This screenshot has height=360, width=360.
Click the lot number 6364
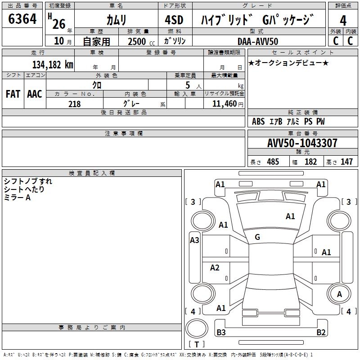point(22,19)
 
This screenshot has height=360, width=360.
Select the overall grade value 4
point(343,21)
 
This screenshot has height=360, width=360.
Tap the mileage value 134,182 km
point(53,65)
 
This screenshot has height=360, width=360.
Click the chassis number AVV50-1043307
point(302,143)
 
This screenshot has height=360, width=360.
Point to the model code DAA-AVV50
point(258,41)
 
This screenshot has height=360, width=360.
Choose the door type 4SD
point(174,20)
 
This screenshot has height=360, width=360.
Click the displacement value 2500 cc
point(141,41)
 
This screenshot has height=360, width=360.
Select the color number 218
point(74,104)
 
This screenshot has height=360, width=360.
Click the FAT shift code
point(13,94)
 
